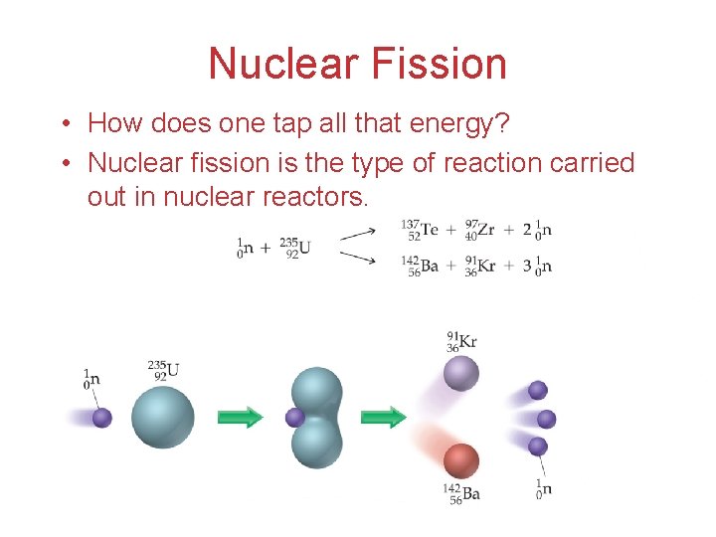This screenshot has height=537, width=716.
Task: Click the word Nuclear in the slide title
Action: [x=283, y=65]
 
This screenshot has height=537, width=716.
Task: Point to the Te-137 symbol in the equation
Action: [x=422, y=231]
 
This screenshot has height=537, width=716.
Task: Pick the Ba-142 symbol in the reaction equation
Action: [x=424, y=267]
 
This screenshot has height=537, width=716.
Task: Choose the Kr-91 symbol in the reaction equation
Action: [x=481, y=267]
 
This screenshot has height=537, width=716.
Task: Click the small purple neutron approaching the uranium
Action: [x=102, y=418]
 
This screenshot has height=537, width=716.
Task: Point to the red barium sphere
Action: [x=461, y=460]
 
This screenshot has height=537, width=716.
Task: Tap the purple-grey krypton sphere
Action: [x=461, y=374]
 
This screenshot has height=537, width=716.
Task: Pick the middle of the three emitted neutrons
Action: [x=546, y=419]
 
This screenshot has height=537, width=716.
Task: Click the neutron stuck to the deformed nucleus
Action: [x=294, y=418]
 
